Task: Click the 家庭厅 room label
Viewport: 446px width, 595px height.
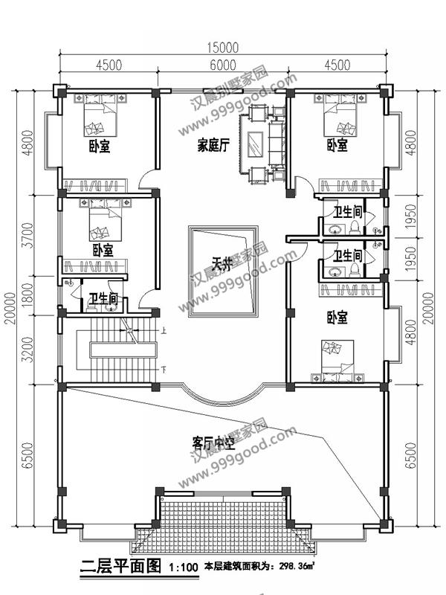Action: (213, 144)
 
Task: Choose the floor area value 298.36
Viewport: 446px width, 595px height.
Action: (295, 569)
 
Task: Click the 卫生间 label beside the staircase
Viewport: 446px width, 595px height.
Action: (103, 299)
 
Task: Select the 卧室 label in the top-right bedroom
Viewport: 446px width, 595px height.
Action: (337, 145)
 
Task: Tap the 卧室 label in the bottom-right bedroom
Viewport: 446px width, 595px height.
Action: (337, 318)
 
